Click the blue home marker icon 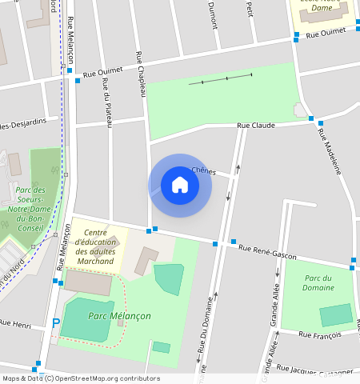click(x=180, y=186)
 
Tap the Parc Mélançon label click(x=119, y=316)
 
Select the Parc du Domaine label click(x=318, y=282)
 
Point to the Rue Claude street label click(x=256, y=126)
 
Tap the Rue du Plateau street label click(x=106, y=102)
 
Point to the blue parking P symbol click(x=55, y=323)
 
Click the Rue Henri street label click(x=15, y=324)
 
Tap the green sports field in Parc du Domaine click(x=335, y=314)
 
